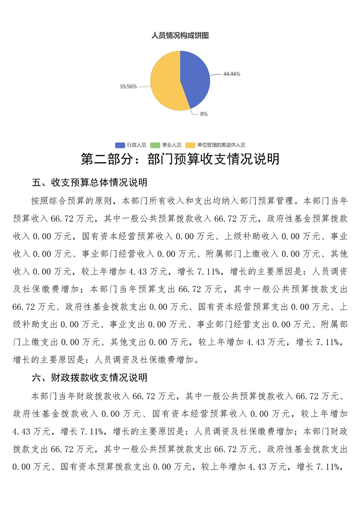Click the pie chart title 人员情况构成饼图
pos(180,35)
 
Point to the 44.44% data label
pos(232,74)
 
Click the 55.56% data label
pos(128,86)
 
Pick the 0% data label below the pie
pos(204,114)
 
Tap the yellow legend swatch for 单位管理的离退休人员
pos(191,145)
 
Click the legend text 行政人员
pos(136,145)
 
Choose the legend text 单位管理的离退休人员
pos(221,145)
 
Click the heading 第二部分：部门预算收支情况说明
pos(180,159)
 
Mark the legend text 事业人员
pos(172,145)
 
